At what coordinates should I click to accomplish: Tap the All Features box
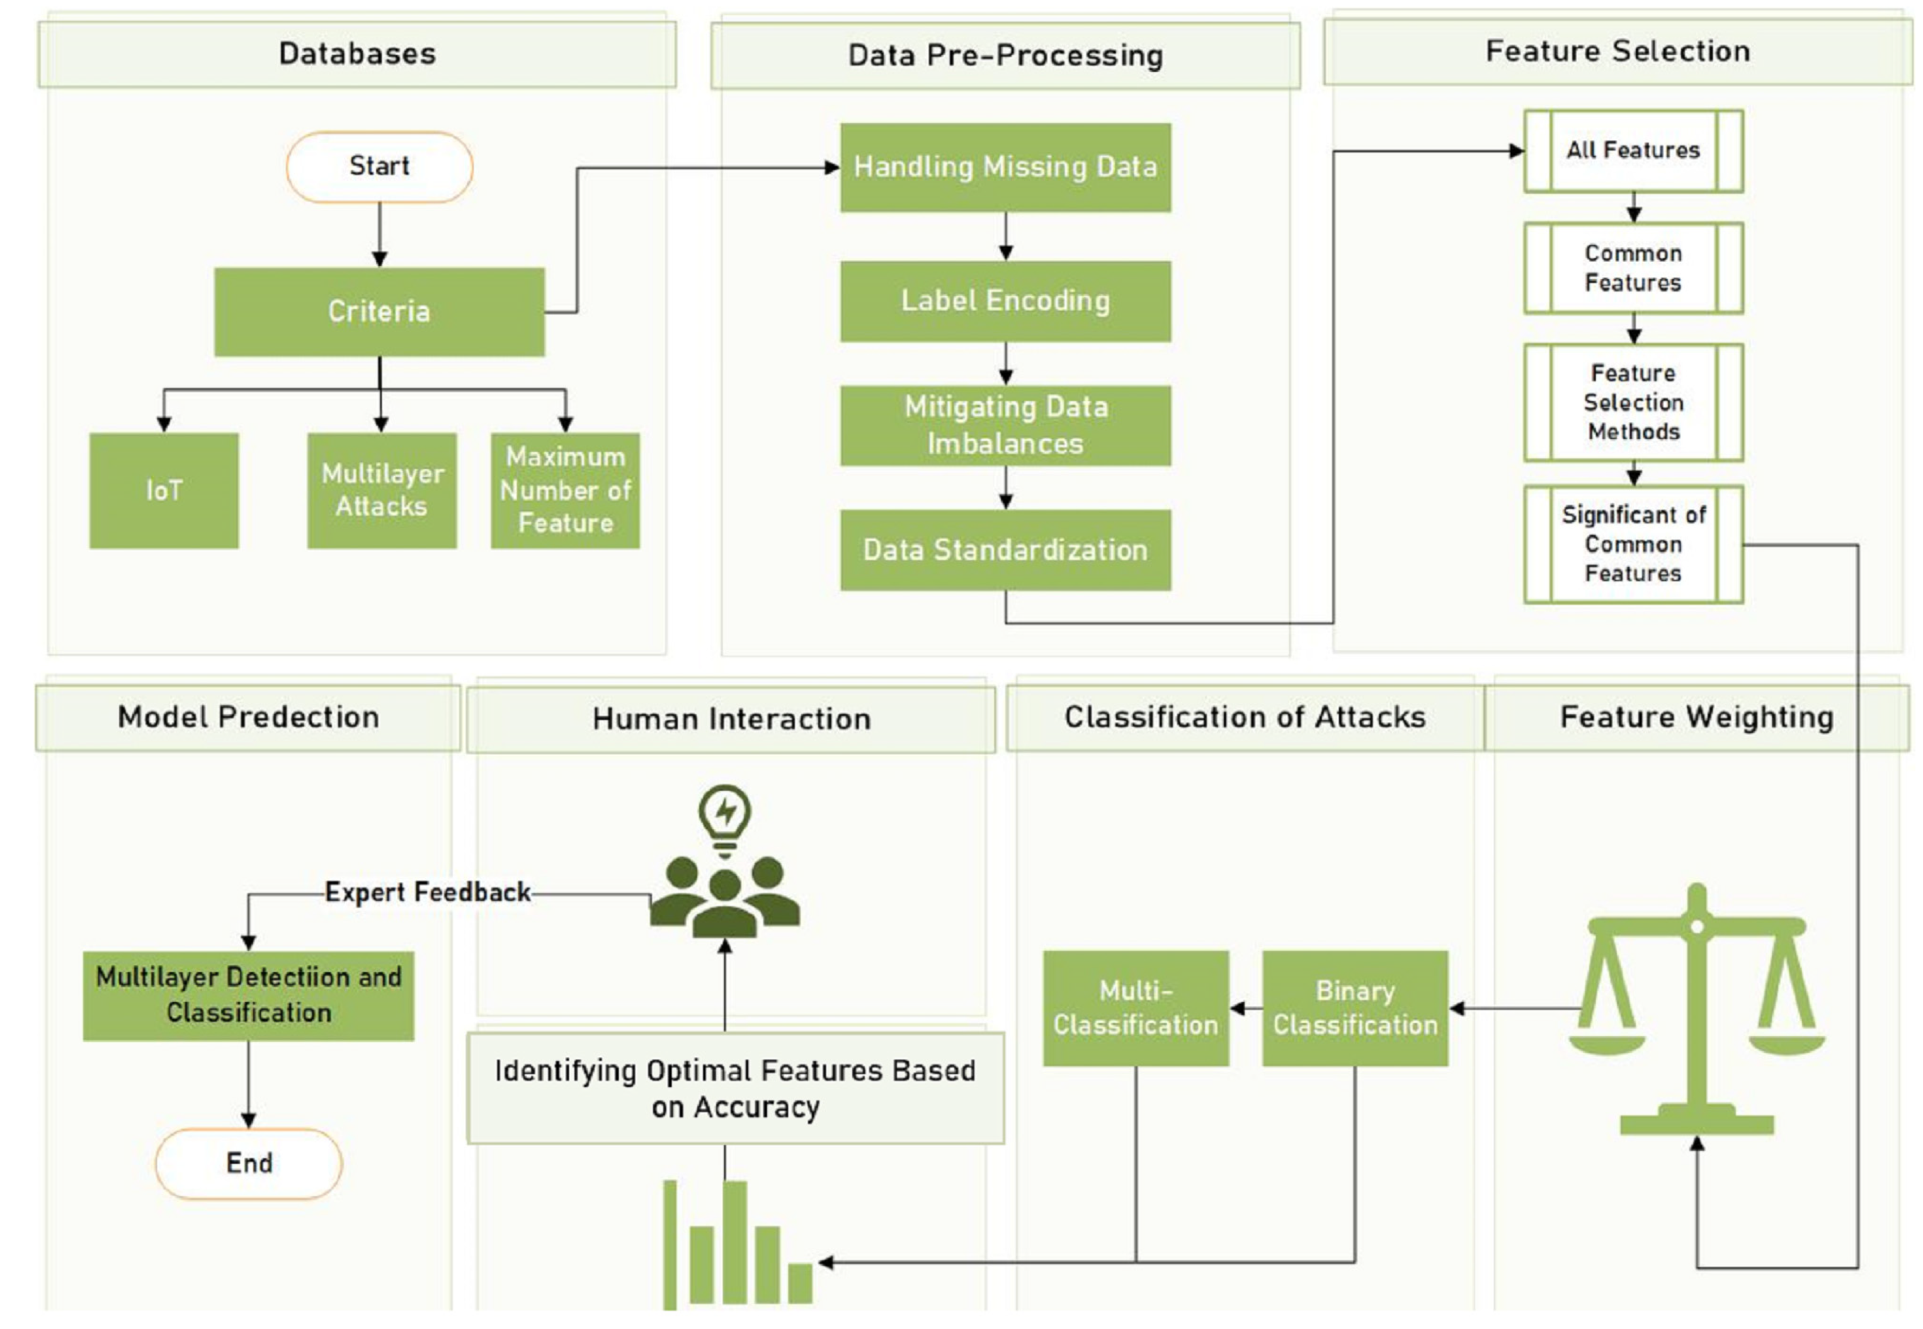(x=1633, y=151)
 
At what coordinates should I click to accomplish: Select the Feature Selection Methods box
(x=1633, y=402)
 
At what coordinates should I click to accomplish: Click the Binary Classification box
(x=1354, y=1008)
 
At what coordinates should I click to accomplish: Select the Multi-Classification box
(x=1136, y=1008)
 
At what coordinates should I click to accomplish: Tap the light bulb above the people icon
(x=725, y=816)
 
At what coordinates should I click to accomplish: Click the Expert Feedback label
(x=427, y=892)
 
